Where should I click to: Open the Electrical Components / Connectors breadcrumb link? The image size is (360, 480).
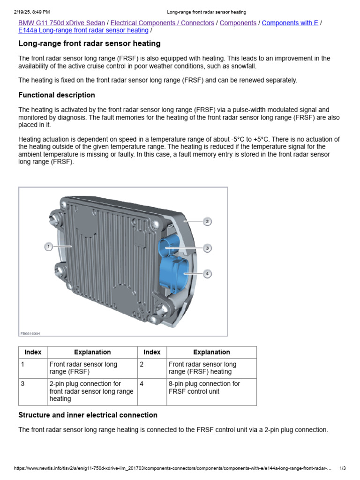[162, 23]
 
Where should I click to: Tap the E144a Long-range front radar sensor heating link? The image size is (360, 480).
[83, 30]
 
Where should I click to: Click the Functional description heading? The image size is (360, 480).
[56, 95]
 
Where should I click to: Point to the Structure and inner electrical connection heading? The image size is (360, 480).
[88, 415]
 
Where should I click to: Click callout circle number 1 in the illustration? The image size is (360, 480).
[48, 246]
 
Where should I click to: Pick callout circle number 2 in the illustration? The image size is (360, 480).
[207, 221]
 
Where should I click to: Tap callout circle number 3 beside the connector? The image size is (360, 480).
[207, 247]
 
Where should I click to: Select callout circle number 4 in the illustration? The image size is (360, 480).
[207, 273]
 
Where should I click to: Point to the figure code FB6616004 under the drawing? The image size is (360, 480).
[30, 333]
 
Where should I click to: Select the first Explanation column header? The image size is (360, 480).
[92, 352]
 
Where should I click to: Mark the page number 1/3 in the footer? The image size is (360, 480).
[342, 468]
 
